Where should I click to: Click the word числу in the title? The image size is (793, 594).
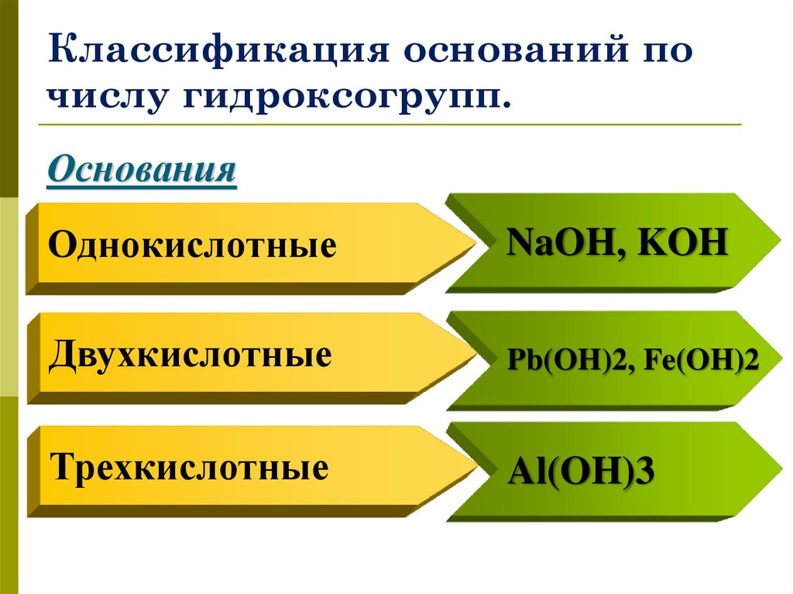(x=108, y=99)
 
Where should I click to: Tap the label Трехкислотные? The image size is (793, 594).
(x=189, y=468)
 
